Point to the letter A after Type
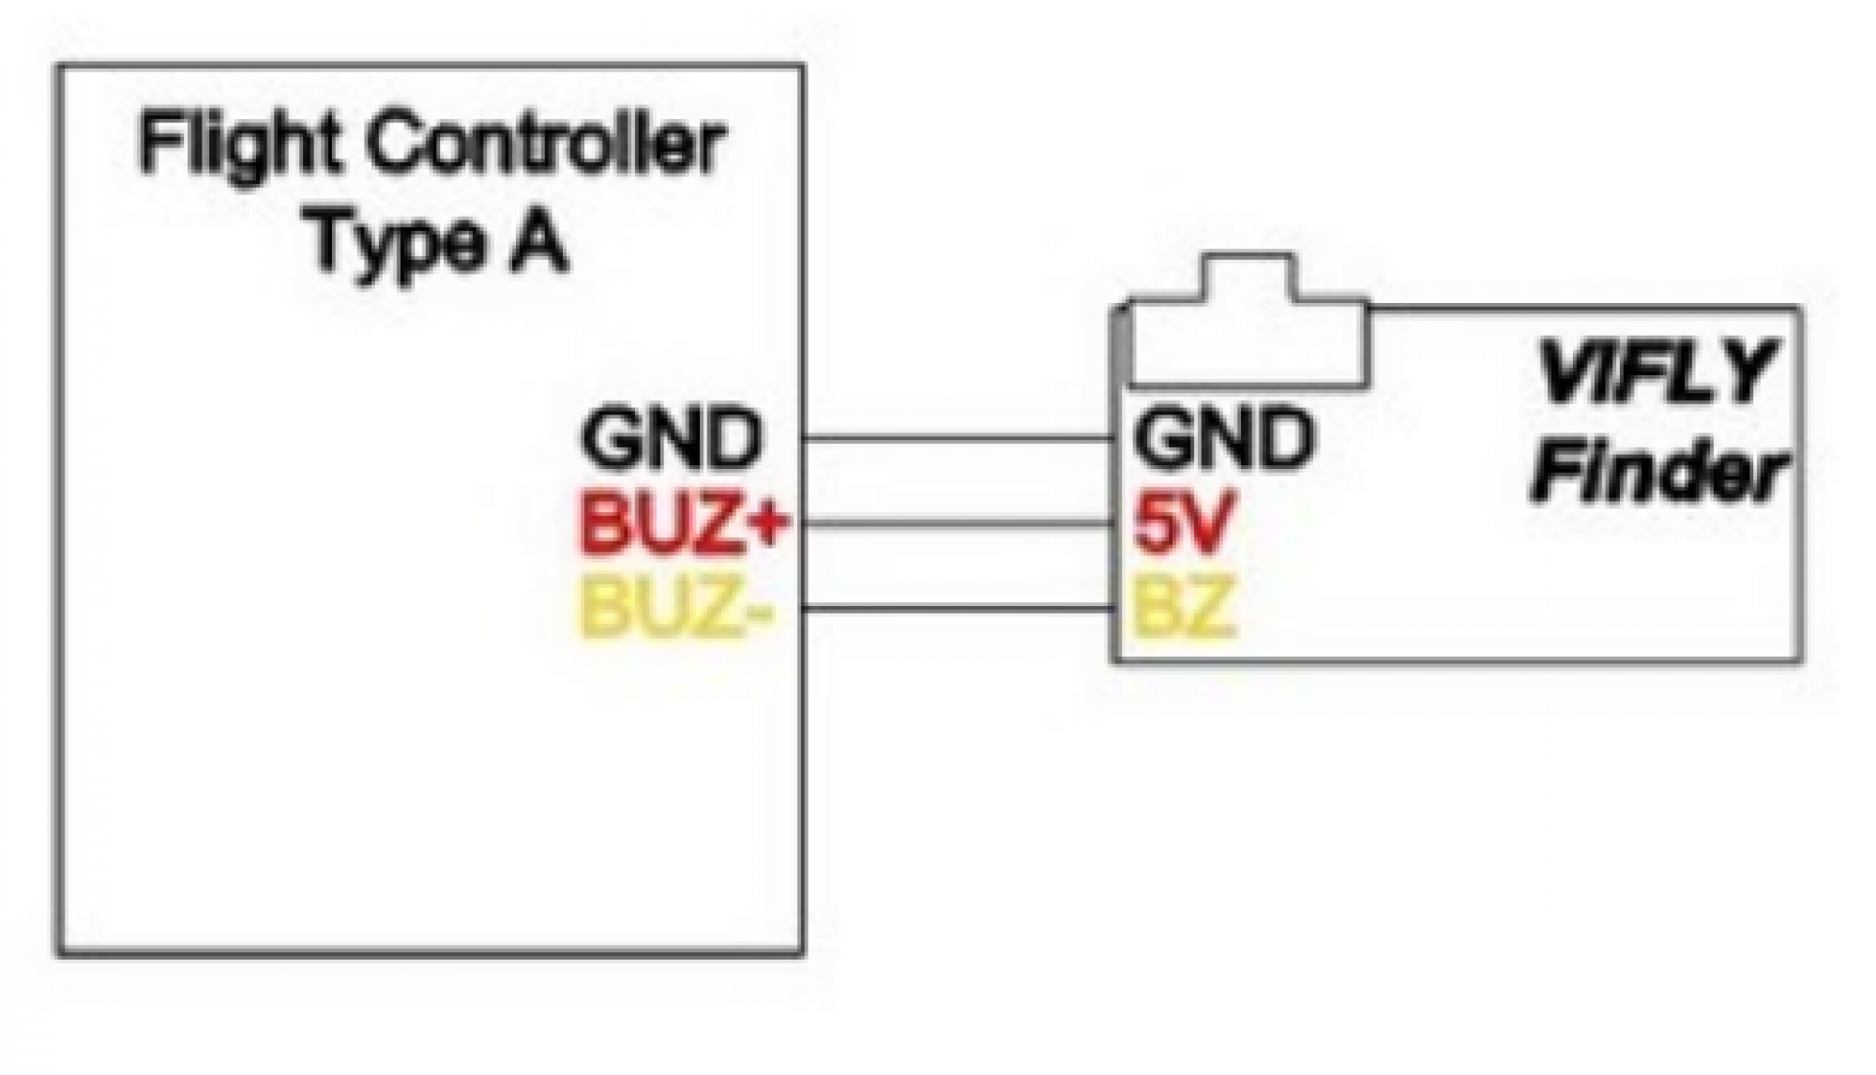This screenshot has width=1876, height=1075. pos(538,241)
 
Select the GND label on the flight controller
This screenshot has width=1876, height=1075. pos(670,438)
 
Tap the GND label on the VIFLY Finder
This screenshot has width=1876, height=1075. pos(1221,438)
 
